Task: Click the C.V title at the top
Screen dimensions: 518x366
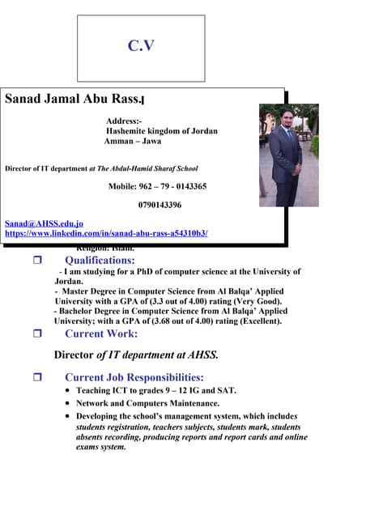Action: (141, 46)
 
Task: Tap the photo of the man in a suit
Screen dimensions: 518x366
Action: (288, 155)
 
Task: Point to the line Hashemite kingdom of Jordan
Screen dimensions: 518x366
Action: (162, 131)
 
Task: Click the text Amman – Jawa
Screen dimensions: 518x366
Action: (133, 141)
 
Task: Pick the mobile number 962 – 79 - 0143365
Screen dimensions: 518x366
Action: (157, 186)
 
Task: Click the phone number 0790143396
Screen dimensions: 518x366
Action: (160, 206)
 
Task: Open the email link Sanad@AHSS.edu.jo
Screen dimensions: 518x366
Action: (44, 223)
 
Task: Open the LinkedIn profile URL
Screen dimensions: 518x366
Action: (106, 233)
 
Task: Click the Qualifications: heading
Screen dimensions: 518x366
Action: (100, 261)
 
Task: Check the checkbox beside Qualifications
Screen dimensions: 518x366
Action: (36, 261)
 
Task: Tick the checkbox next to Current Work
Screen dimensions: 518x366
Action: (36, 333)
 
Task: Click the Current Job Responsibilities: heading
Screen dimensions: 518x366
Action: (134, 377)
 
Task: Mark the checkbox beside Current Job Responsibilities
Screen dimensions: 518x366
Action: (36, 377)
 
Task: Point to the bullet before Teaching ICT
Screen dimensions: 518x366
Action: (67, 391)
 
